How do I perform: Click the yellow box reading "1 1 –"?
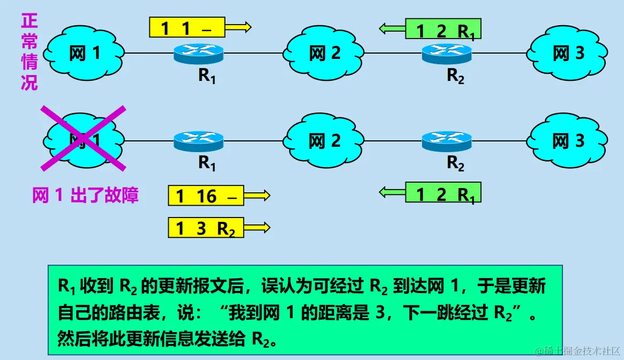[x=186, y=27]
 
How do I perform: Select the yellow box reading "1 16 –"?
[x=206, y=196]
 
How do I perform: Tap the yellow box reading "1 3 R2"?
[x=206, y=228]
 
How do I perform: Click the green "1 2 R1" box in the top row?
[x=443, y=29]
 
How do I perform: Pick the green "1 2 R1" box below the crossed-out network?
[x=443, y=193]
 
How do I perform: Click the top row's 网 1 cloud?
[x=84, y=53]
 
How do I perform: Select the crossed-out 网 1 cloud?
[x=84, y=140]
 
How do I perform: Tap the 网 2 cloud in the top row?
[x=325, y=53]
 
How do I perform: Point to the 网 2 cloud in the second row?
[x=325, y=141]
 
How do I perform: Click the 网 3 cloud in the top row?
[x=568, y=53]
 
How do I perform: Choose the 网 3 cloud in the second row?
[x=568, y=141]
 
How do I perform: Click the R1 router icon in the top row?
[x=198, y=52]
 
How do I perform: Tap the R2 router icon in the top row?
[x=447, y=52]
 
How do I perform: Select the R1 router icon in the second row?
[x=198, y=141]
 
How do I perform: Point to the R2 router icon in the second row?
[x=447, y=141]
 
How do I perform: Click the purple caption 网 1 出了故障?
[x=86, y=196]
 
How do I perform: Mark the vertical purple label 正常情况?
[x=29, y=52]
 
